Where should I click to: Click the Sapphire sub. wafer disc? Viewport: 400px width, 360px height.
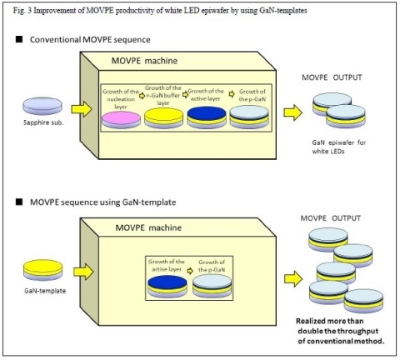[x=42, y=106]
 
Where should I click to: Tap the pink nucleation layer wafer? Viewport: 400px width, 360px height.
[x=121, y=120]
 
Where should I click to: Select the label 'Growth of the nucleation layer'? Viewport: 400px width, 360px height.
[x=121, y=99]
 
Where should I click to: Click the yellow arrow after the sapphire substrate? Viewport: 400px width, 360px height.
[x=82, y=109]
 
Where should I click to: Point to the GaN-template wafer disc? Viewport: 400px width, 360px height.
[x=43, y=270]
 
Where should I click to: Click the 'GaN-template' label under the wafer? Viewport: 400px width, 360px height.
[x=45, y=291]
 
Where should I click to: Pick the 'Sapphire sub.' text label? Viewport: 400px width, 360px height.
[x=43, y=122]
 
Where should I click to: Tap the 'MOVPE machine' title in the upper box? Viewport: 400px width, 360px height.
[x=144, y=61]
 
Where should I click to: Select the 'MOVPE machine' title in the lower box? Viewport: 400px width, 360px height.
[x=148, y=227]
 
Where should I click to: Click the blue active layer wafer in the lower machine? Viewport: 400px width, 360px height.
[x=167, y=287]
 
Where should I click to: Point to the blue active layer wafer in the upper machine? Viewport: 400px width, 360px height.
[x=207, y=117]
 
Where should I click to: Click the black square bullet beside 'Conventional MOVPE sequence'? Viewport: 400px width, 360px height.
[x=19, y=39]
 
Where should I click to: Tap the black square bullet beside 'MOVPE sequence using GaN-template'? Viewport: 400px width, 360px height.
[x=19, y=202]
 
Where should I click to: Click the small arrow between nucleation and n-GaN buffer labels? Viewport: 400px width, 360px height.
[x=142, y=96]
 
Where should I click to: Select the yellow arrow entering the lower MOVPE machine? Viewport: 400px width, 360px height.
[x=83, y=272]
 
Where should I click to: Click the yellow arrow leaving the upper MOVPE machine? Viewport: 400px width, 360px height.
[x=293, y=112]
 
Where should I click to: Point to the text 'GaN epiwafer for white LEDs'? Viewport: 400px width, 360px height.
[x=339, y=147]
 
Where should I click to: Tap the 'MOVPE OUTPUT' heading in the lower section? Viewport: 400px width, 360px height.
[x=331, y=218]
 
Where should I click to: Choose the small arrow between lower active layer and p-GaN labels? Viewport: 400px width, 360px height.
[x=190, y=271]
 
